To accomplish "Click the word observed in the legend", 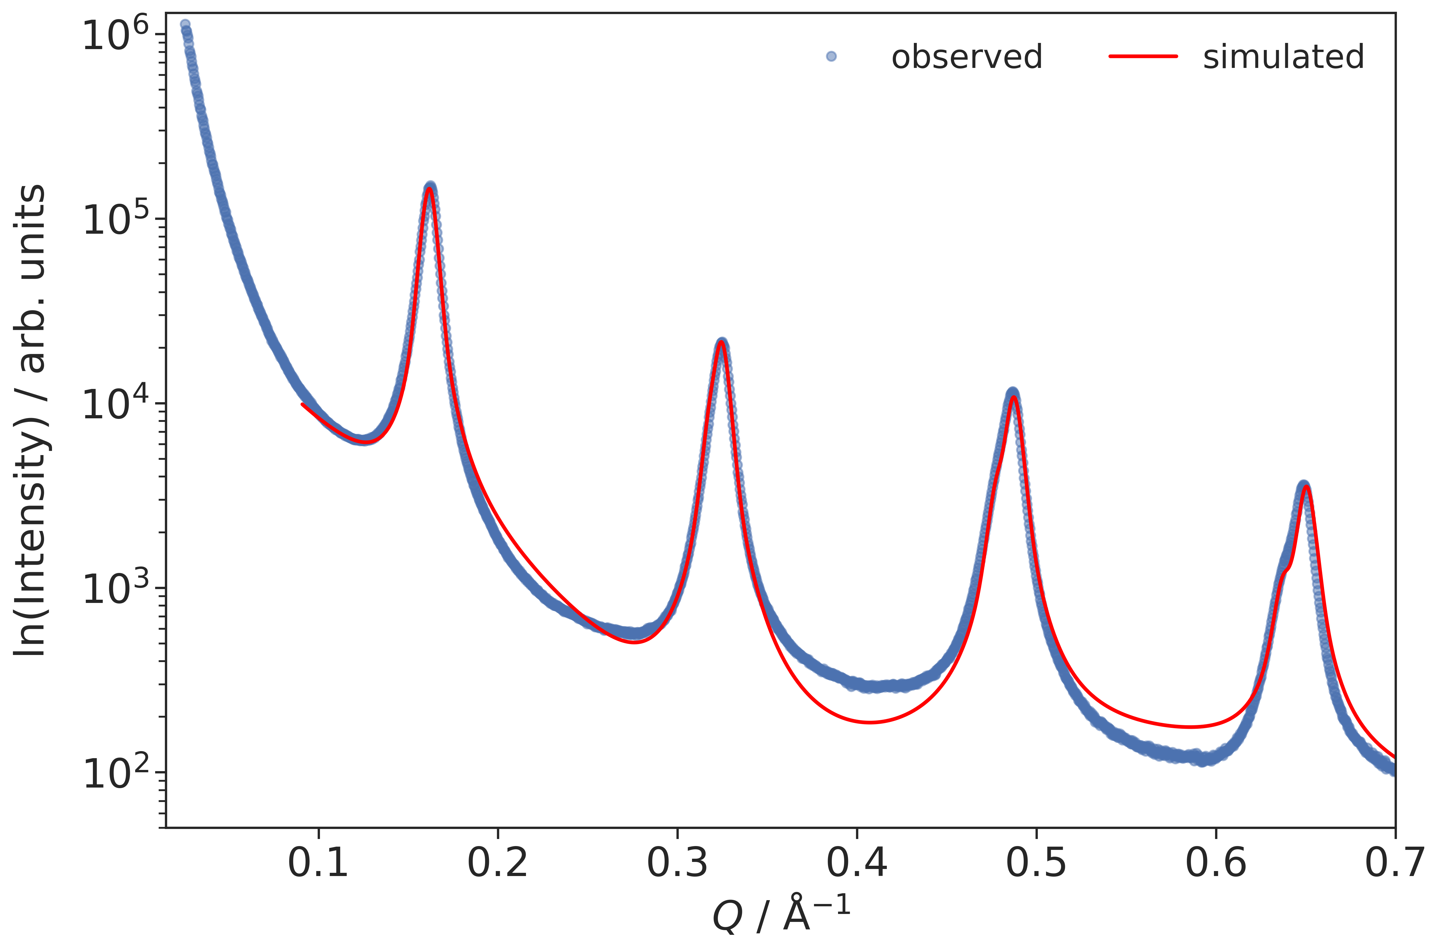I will coord(966,57).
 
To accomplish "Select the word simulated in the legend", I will coord(1284,57).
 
